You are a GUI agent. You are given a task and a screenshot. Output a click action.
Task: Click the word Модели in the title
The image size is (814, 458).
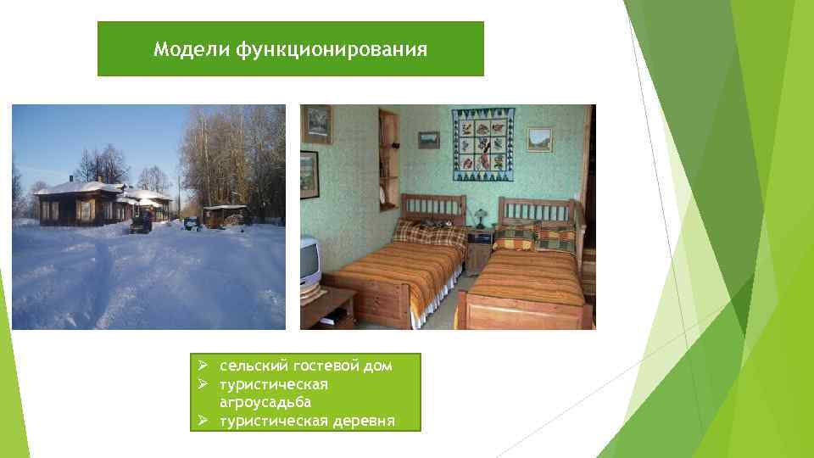(180, 50)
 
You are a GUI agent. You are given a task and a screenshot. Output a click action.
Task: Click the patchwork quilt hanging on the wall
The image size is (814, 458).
(482, 144)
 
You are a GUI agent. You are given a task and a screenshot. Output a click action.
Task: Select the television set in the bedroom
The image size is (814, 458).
(309, 262)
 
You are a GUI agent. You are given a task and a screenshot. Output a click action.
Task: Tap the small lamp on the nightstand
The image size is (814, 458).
(478, 219)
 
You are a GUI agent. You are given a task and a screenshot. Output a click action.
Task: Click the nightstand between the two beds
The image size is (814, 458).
(480, 250)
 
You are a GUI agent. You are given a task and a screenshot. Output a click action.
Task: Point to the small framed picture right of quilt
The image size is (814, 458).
(538, 139)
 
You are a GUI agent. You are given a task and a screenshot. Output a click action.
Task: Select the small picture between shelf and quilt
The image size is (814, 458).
(429, 139)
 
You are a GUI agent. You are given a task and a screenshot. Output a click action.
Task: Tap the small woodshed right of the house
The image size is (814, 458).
(225, 215)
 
